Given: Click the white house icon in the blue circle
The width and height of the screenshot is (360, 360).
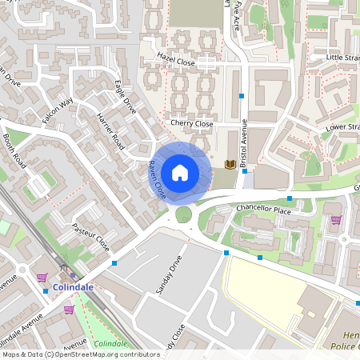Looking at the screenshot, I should tap(180, 172).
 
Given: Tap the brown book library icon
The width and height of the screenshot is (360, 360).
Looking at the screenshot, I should tap(230, 164).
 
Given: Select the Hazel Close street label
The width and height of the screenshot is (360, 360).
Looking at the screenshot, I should tap(176, 58).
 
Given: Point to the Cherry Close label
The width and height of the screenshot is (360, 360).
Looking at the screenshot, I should tap(192, 124).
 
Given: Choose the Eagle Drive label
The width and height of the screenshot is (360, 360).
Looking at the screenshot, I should tap(128, 95).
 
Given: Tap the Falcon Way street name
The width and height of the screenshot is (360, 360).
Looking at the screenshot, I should tap(58, 110).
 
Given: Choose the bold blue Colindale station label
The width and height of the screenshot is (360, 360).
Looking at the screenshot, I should tap(74, 286).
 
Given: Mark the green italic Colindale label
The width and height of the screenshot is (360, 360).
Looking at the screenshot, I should tap(110, 343).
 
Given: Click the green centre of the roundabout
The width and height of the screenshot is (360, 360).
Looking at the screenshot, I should tap(184, 214).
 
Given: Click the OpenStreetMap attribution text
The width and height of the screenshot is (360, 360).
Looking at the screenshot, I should tap(80, 354).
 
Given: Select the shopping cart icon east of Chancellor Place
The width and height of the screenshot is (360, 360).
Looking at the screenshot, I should tap(336, 220).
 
